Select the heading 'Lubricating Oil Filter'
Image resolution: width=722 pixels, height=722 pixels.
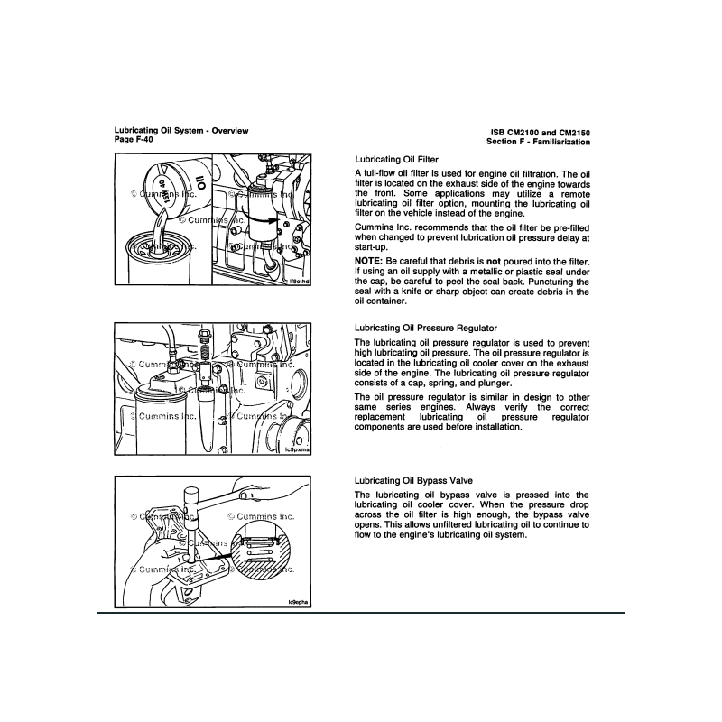click(x=396, y=159)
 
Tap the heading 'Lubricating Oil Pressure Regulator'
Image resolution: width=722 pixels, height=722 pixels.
click(x=426, y=327)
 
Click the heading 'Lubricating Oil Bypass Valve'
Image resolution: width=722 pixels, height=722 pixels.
click(x=413, y=481)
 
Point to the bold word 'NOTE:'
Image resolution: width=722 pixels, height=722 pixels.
click(x=371, y=259)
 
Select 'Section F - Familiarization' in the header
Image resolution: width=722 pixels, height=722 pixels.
click(x=538, y=142)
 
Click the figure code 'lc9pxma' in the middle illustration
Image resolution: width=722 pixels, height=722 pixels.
click(x=285, y=449)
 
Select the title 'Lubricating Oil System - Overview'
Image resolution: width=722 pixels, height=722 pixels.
click(x=181, y=131)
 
